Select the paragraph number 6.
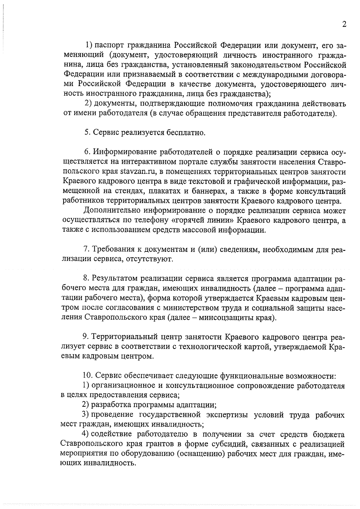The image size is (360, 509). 87,152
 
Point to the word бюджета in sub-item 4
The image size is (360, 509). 329,434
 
